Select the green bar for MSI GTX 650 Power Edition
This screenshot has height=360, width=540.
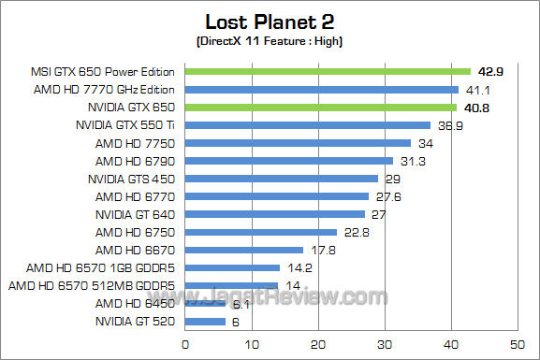328,71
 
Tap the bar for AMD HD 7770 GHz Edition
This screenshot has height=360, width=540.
322,90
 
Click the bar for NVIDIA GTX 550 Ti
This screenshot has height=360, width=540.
308,125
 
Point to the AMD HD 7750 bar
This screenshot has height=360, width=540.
299,143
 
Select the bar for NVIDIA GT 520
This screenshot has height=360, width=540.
206,322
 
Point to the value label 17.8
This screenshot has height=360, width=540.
322,250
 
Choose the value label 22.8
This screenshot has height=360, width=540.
356,232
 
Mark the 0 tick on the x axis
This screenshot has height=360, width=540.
186,344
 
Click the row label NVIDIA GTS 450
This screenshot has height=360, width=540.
133,179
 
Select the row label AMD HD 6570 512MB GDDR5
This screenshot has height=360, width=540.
94,286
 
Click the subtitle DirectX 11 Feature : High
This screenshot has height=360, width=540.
270,43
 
